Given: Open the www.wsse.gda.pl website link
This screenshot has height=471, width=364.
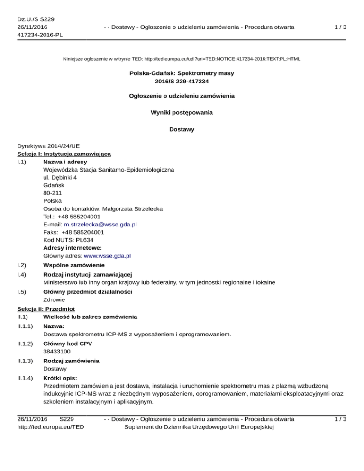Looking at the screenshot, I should [108, 256].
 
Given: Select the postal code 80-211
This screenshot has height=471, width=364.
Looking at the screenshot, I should [52, 193].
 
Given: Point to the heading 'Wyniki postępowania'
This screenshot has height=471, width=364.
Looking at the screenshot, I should [182, 113].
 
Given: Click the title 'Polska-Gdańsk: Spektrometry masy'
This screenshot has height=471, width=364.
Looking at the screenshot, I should [182, 73].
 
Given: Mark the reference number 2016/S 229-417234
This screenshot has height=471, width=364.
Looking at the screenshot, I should [182, 81].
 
